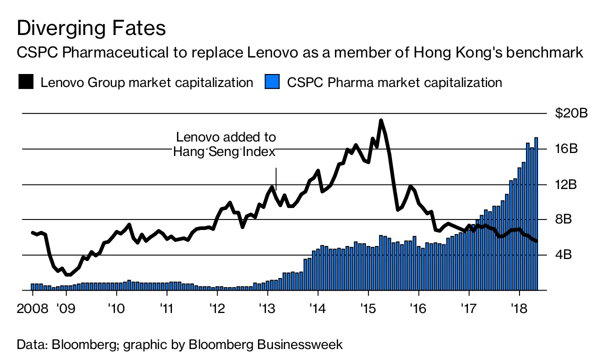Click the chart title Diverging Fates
pos(91,28)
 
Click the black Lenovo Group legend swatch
pos(26,81)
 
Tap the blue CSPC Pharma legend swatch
pos(272,81)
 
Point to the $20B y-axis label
pos(571,113)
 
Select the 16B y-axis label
pos(566,149)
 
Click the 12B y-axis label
pos(566,184)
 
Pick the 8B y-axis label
pos(563,219)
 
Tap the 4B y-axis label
pos(563,254)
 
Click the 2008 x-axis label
pos(32,308)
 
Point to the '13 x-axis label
pos(267,308)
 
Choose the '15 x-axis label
pos(368,308)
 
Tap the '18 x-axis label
pos(519,308)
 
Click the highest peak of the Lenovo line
pos(381,120)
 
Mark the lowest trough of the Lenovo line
pos(68,274)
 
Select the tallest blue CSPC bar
pos(536,214)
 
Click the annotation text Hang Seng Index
pos(224,152)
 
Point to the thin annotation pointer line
pos(276,179)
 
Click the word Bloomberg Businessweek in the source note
pos(265,344)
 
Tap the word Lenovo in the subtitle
pos(272,52)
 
